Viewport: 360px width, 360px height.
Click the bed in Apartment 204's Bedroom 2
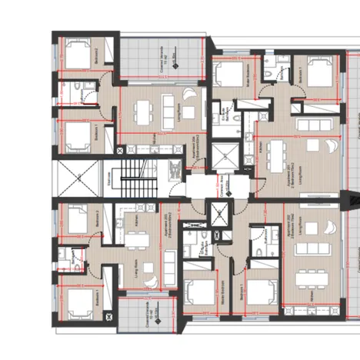(x=78, y=54)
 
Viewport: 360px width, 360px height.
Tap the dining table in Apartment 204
(x=142, y=114)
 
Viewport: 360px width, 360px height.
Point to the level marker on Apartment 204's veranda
(x=175, y=61)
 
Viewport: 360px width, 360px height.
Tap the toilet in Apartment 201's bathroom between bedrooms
(x=264, y=71)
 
